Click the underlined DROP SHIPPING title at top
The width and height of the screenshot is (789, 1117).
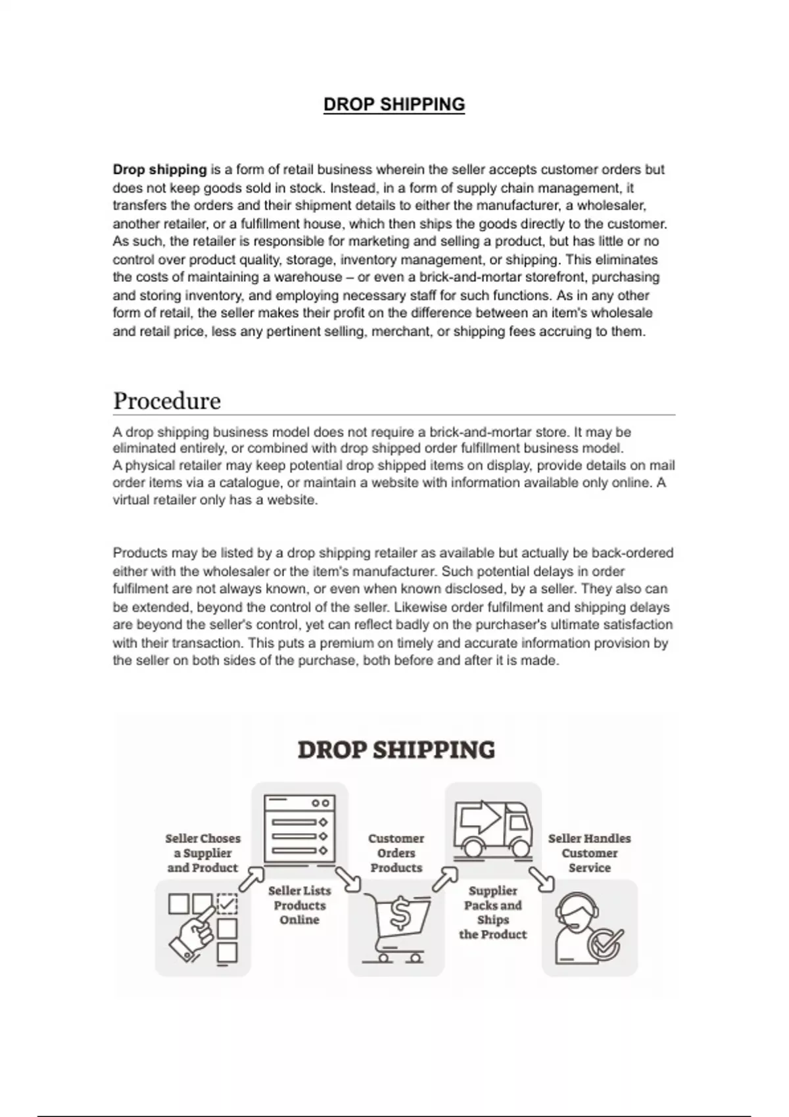coord(394,104)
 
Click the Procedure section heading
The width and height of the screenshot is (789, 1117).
coord(167,401)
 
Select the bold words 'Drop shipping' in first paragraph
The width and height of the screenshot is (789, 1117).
coord(160,170)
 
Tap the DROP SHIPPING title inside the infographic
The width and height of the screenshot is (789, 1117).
coord(396,750)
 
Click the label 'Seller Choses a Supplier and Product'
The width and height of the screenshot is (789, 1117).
coord(203,853)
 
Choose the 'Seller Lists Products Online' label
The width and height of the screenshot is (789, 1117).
coord(299,905)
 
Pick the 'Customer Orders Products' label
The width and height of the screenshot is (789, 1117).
coord(396,853)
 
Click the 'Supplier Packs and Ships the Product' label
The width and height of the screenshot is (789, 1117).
coord(493,912)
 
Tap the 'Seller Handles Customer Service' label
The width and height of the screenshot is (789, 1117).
coord(589,853)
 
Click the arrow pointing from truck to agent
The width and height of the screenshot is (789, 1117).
coord(542,879)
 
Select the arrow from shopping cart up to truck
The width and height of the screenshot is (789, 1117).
coord(445,878)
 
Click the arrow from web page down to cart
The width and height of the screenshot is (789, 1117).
coord(348,879)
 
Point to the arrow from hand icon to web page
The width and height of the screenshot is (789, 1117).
coord(251,878)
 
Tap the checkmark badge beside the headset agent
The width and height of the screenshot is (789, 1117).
coord(606,944)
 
